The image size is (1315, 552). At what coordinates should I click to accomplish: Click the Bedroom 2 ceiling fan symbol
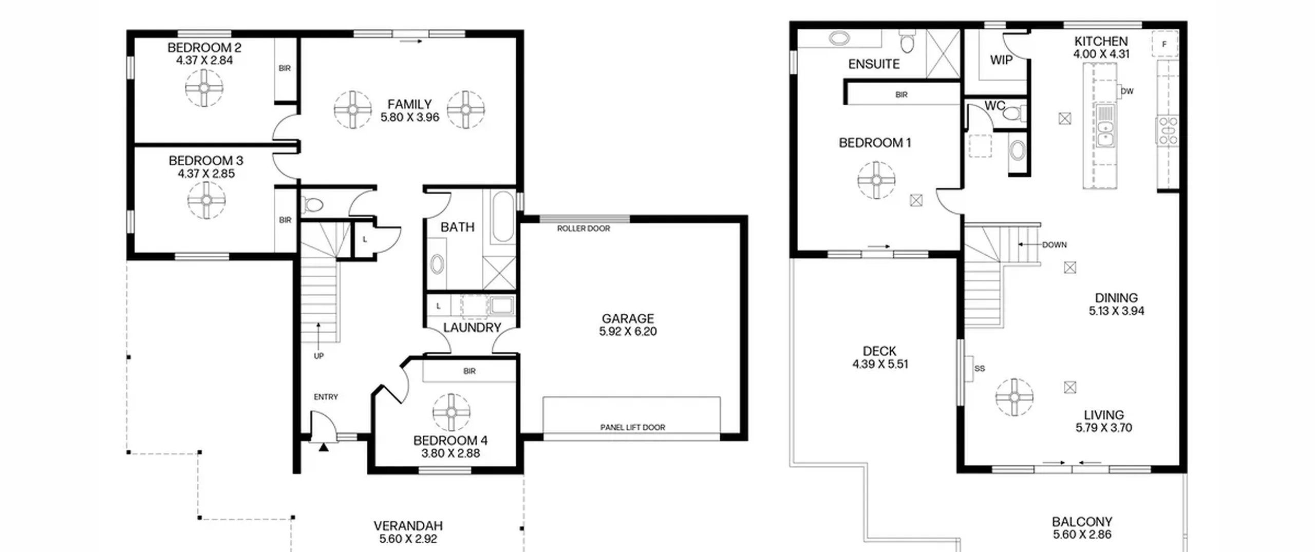[x=204, y=88]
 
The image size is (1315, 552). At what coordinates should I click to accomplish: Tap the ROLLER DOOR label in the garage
[x=584, y=229]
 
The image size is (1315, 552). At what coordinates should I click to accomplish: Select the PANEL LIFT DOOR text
[x=632, y=427]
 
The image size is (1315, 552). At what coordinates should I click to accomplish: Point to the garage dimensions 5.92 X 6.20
[x=628, y=332]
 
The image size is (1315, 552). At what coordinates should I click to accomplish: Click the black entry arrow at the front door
[x=323, y=447]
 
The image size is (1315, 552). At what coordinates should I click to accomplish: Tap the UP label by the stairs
[x=318, y=356]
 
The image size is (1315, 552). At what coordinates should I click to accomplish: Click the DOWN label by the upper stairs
[x=1055, y=245]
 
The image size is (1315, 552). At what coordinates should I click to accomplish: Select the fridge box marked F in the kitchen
[x=1164, y=44]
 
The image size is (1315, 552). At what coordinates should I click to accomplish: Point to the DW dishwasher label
[x=1127, y=91]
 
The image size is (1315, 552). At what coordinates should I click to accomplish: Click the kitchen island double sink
[x=1105, y=125]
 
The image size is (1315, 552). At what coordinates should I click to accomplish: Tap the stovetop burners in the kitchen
[x=1168, y=130]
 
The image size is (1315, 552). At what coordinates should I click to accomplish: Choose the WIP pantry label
[x=1001, y=60]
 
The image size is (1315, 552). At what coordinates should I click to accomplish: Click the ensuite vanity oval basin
[x=839, y=38]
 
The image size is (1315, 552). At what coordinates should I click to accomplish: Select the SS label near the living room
[x=980, y=369]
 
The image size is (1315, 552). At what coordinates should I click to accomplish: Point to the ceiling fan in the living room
[x=1014, y=397]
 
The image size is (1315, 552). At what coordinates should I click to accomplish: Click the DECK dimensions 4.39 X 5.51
[x=880, y=365]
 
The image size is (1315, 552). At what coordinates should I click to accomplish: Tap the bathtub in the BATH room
[x=503, y=217]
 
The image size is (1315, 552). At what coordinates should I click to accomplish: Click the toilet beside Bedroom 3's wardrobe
[x=312, y=205]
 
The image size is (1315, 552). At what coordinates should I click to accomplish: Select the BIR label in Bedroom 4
[x=469, y=371]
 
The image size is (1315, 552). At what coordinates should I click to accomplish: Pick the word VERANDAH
[x=408, y=526]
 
